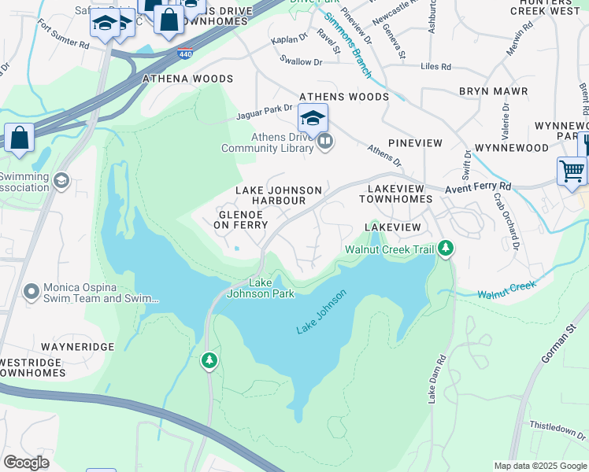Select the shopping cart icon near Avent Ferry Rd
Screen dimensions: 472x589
pyautogui.click(x=572, y=170)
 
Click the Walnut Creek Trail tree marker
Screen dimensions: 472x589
pyautogui.click(x=446, y=249)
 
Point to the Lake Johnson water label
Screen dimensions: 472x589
pyautogui.click(x=321, y=312)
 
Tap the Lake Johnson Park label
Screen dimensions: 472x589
pyautogui.click(x=261, y=289)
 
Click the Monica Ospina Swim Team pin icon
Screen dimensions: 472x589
pyautogui.click(x=31, y=292)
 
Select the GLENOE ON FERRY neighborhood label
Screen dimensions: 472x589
pyautogui.click(x=235, y=219)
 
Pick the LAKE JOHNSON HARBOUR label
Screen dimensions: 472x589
pyautogui.click(x=280, y=196)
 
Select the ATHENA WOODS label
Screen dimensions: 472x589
pyautogui.click(x=187, y=79)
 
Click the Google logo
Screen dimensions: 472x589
pyautogui.click(x=26, y=463)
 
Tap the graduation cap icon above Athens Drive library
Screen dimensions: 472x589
pyautogui.click(x=313, y=119)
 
